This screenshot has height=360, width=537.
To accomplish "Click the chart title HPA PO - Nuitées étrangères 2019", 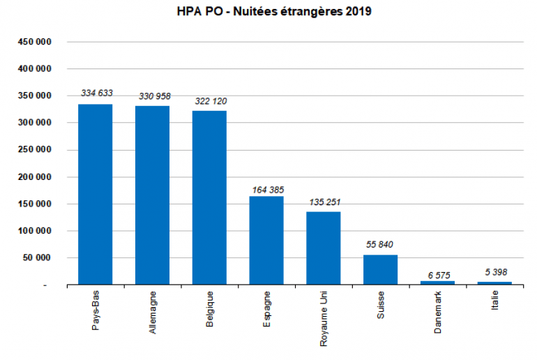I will pyautogui.click(x=268, y=13).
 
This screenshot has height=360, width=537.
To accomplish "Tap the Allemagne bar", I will pyautogui.click(x=152, y=195).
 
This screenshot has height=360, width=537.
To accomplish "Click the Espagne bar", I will pyautogui.click(x=266, y=240).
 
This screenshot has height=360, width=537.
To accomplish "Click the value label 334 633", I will pyautogui.click(x=96, y=93).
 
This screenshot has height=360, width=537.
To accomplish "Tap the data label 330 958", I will pyautogui.click(x=153, y=96).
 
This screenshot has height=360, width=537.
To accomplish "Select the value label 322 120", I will pyautogui.click(x=210, y=101).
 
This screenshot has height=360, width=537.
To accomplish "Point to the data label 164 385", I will pyautogui.click(x=267, y=189).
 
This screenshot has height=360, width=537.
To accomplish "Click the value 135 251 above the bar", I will pyautogui.click(x=324, y=202).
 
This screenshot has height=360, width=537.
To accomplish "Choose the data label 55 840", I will pyautogui.click(x=381, y=245).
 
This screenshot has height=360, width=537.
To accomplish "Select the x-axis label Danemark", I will pyautogui.click(x=438, y=313).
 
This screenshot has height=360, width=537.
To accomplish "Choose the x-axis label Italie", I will pyautogui.click(x=494, y=303).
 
